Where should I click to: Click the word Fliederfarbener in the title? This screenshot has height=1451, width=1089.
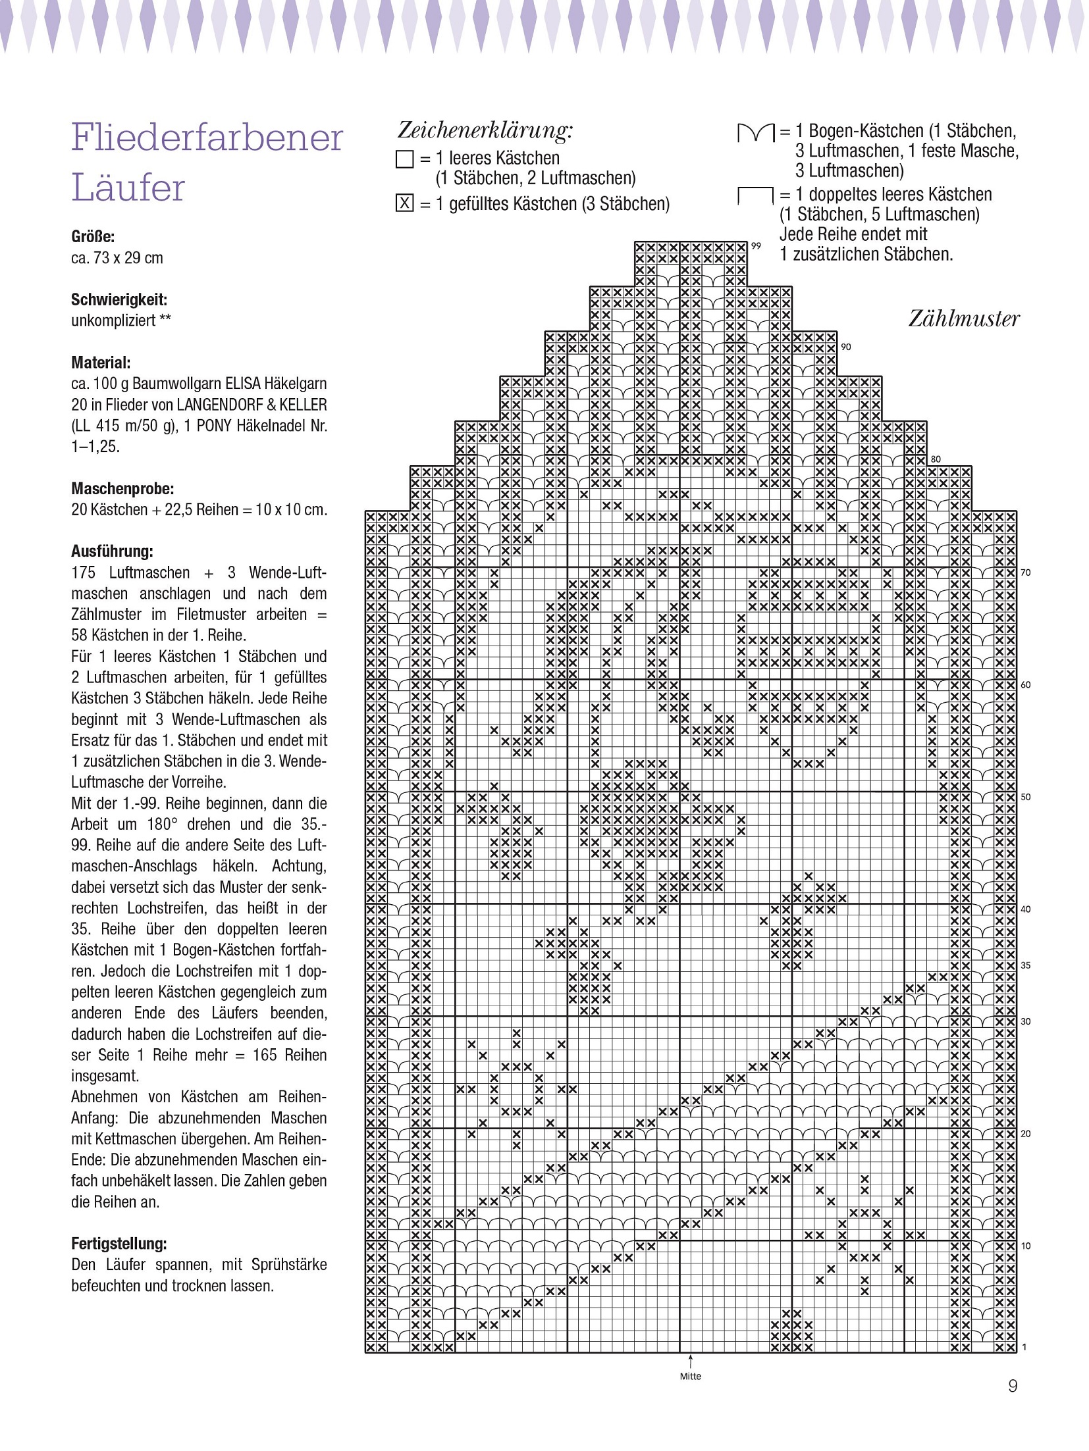coord(207,138)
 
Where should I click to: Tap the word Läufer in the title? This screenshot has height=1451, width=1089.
coord(128,188)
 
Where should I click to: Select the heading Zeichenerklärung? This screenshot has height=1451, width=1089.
coord(485,130)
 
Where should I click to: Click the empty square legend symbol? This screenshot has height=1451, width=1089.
coord(404,159)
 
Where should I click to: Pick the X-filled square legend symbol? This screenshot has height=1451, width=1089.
coord(404,204)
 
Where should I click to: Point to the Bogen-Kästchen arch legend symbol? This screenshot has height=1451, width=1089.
coord(755,134)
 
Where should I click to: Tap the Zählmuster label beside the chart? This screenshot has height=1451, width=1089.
coord(963,319)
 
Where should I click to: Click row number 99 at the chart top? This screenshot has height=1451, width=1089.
coord(756,246)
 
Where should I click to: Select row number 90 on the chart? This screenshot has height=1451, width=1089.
coord(845,347)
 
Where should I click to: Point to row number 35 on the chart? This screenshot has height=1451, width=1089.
coord(1025,965)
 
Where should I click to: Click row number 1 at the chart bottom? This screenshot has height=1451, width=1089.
coord(1024,1348)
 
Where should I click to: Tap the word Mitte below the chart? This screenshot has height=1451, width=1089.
coord(691,1376)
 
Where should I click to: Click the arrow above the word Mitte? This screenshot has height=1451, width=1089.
coord(691,1361)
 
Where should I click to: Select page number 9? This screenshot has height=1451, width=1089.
coord(1013,1404)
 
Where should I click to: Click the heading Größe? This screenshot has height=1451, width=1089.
coord(93,237)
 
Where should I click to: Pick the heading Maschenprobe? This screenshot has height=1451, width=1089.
coord(122,489)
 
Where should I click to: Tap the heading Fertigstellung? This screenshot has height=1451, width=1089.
coord(119,1244)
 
